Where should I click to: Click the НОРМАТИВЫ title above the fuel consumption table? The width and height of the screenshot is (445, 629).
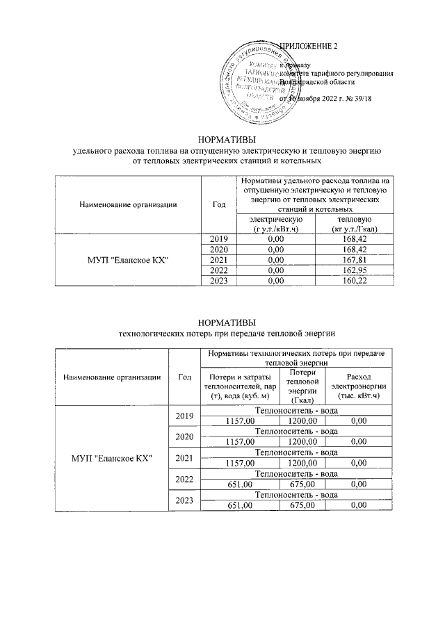(x=222, y=139)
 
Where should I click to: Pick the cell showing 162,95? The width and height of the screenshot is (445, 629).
(x=355, y=270)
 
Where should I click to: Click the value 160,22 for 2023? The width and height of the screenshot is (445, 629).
(x=355, y=279)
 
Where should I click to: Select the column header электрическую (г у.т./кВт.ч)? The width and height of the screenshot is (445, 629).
(x=275, y=224)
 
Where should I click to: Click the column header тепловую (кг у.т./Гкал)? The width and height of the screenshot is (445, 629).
(x=355, y=224)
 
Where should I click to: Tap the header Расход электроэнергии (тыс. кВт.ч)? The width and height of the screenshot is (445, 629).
(x=358, y=385)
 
